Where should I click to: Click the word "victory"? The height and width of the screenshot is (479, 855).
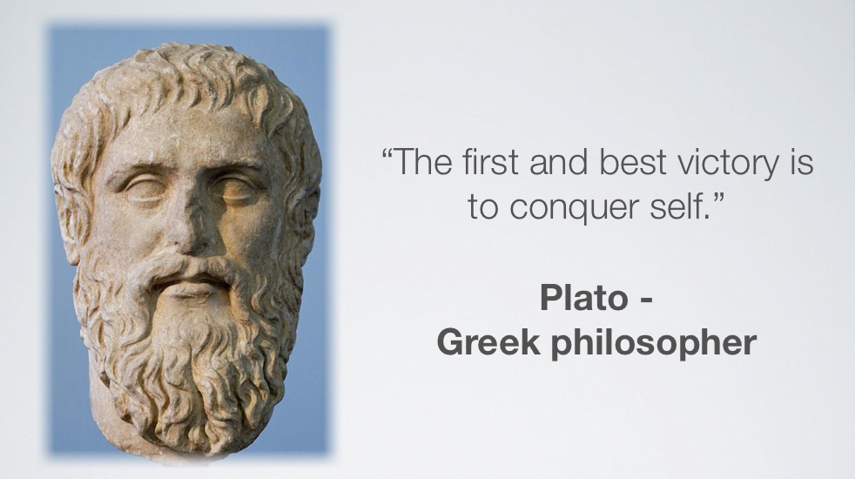[728, 164]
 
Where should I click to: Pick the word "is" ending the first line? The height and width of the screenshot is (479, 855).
[802, 162]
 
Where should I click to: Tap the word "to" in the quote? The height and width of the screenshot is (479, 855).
[483, 206]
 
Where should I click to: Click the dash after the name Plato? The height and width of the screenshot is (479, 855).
[645, 300]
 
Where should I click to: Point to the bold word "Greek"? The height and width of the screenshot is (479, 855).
[488, 342]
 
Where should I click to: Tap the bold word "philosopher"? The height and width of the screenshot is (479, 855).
[653, 345]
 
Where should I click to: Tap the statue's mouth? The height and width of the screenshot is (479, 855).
[191, 281]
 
